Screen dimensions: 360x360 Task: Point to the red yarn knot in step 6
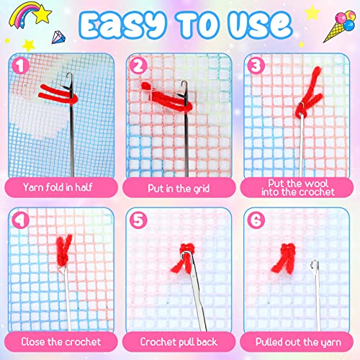pyautogui.click(x=280, y=256)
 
